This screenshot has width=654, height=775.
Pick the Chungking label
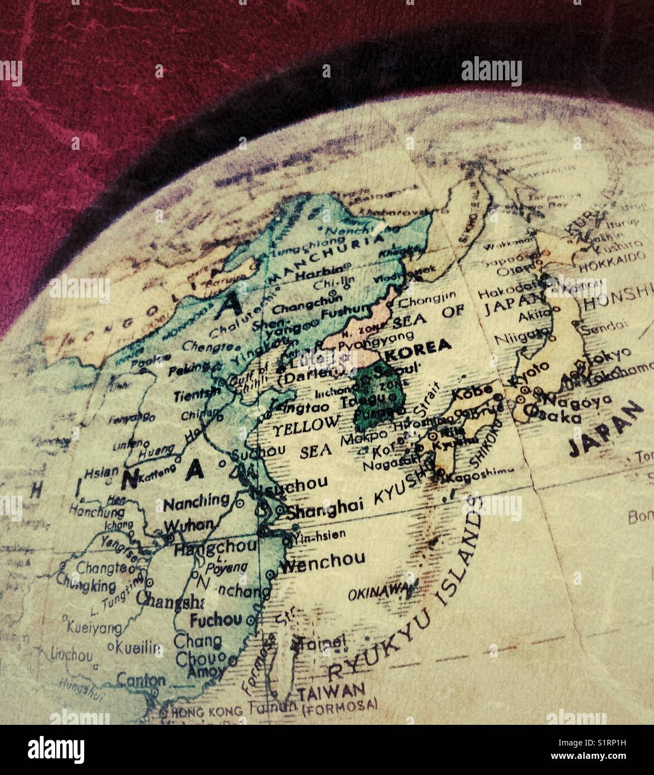point(86,587)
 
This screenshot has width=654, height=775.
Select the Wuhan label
point(190,525)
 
